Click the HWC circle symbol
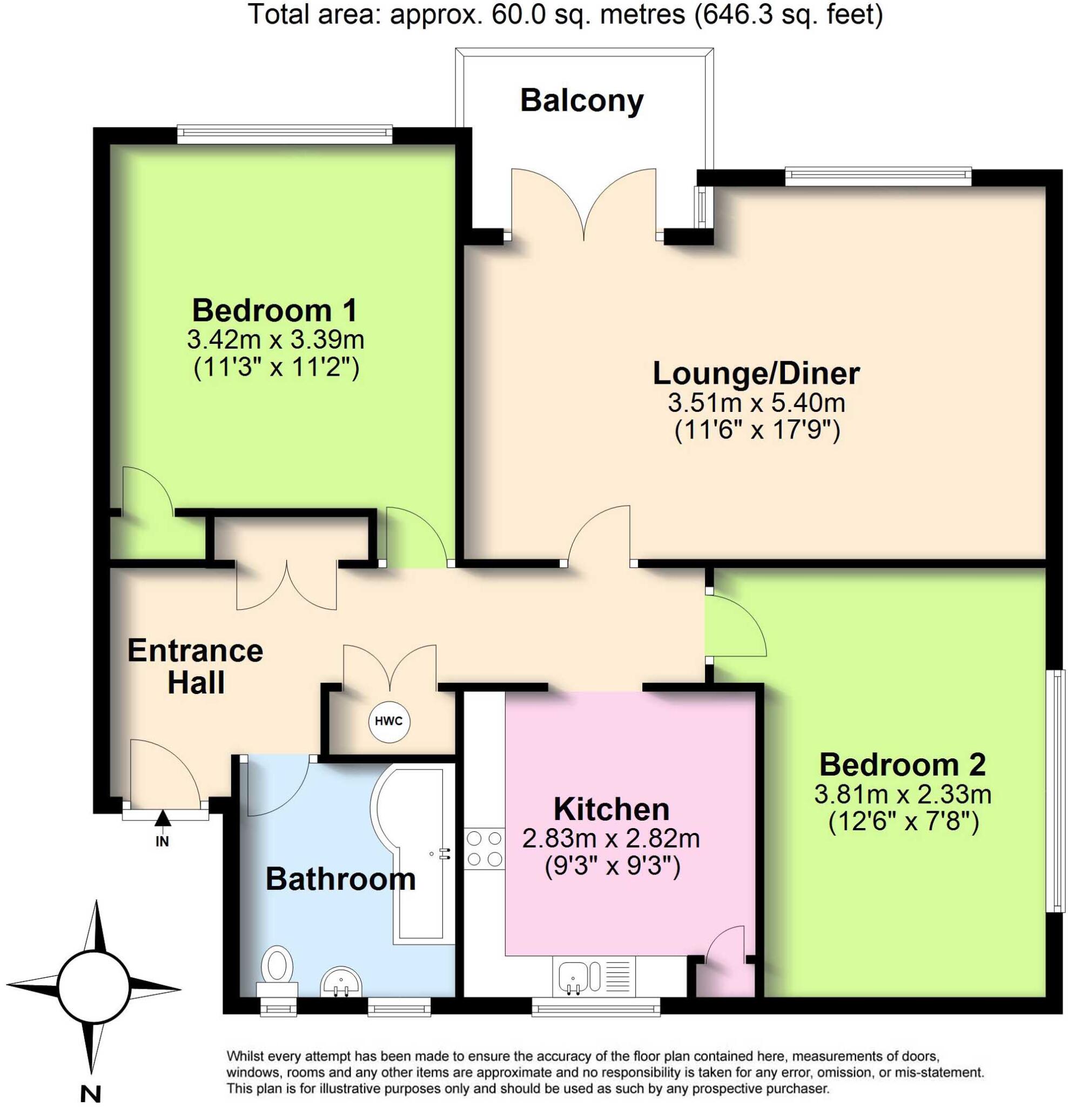(x=389, y=721)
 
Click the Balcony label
(x=581, y=101)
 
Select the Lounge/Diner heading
(x=756, y=374)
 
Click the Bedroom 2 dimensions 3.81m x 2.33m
(x=903, y=795)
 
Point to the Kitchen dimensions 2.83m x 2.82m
(x=611, y=838)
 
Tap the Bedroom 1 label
(x=275, y=310)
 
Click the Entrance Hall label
(x=196, y=666)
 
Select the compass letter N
(x=90, y=1094)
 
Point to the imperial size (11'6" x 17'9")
(x=757, y=430)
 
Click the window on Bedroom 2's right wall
(x=1054, y=791)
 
